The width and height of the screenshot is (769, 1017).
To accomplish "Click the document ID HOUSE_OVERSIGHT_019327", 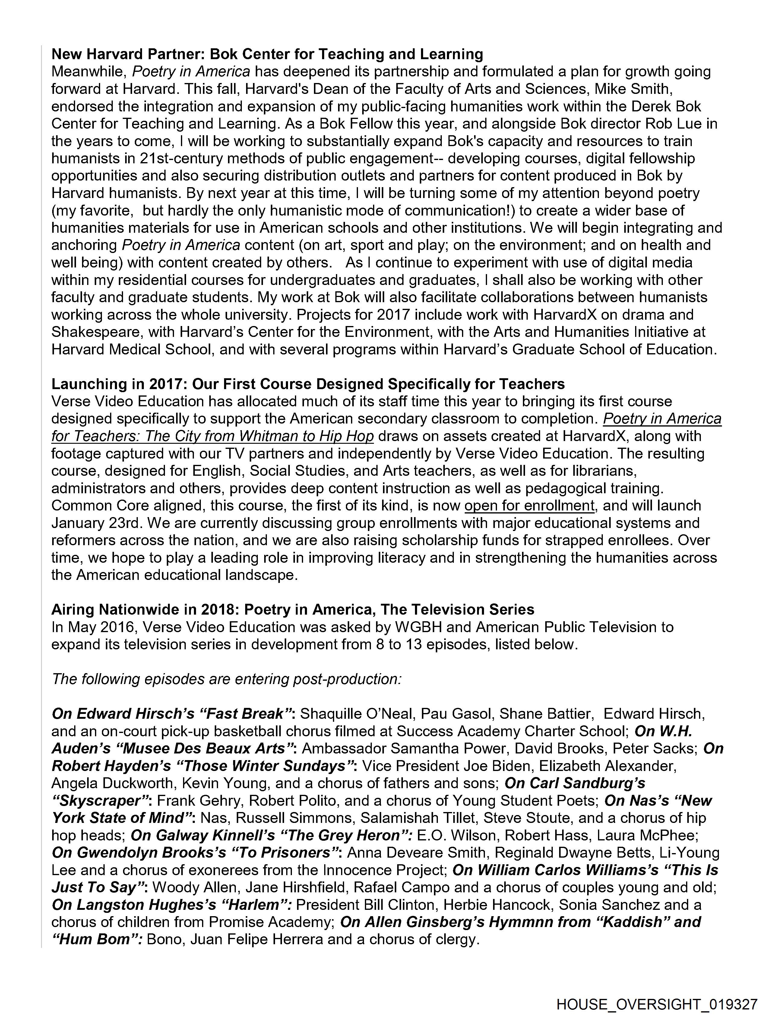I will [x=657, y=1003].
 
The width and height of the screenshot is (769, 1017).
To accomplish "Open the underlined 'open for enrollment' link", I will [x=530, y=506].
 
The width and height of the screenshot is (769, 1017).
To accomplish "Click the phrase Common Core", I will [x=100, y=506].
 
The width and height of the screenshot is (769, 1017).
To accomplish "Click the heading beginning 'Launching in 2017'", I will [x=308, y=384].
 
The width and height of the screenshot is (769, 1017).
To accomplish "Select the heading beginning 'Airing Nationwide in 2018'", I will [x=293, y=610].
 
